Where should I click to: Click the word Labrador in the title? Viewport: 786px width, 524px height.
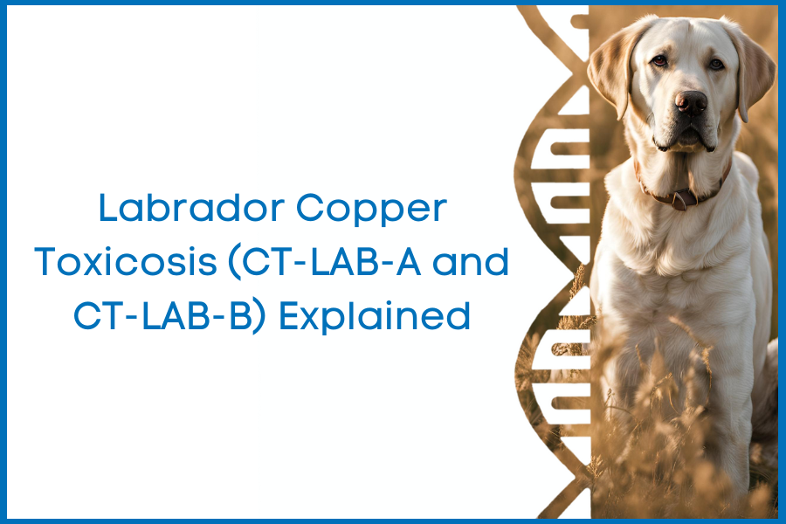coord(191,208)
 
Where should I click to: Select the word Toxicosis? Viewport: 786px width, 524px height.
coord(125,262)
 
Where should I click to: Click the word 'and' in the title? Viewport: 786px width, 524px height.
coord(470,262)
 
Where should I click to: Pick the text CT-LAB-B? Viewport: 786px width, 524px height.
coord(162,316)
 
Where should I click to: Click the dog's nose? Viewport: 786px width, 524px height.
coord(691,102)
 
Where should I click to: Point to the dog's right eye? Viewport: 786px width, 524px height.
coord(659,60)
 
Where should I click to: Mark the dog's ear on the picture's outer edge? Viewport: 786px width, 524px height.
coord(752,70)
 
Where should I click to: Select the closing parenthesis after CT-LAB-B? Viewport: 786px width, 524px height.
coord(259,317)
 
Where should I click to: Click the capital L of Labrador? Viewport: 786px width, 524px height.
coord(107,208)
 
